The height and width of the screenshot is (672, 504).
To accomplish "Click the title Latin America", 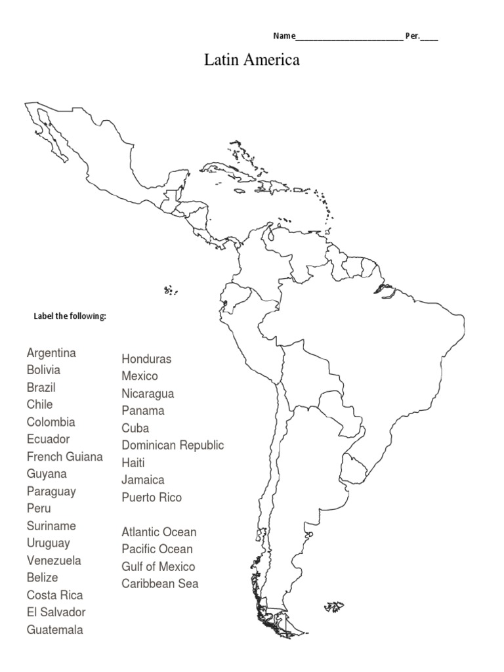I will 252,60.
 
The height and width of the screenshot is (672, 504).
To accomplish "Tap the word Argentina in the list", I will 51,353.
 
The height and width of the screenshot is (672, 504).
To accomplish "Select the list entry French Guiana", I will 64,457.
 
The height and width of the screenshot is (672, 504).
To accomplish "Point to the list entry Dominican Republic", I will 173,446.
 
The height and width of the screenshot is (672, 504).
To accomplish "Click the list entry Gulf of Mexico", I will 158,566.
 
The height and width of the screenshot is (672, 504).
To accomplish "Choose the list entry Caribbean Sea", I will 159,583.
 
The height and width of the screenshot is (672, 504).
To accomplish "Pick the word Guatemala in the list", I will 55,630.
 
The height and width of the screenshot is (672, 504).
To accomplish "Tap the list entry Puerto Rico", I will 152,497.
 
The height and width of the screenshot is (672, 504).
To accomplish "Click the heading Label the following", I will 70,316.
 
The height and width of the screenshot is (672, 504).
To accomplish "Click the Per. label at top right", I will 412,36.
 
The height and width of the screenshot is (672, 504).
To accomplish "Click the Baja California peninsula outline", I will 52,135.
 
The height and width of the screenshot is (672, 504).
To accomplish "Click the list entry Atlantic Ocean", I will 159,532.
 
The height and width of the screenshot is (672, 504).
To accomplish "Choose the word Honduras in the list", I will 146,359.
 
